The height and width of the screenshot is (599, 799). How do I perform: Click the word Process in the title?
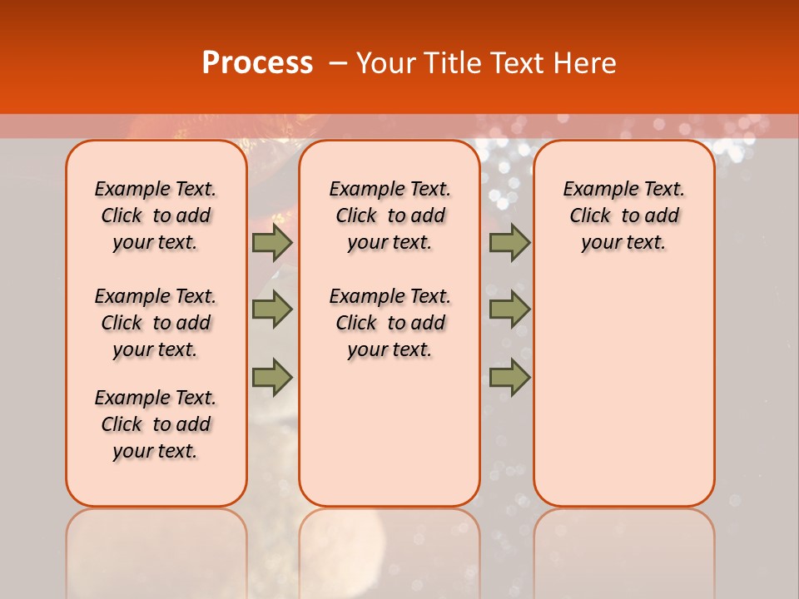tap(257, 63)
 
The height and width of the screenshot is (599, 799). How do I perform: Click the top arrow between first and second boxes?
tap(272, 242)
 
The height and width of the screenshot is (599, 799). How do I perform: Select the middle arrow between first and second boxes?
tap(272, 309)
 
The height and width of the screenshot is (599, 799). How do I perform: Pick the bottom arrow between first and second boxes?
tap(272, 378)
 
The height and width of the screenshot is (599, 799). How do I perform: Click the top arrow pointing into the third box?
tap(509, 242)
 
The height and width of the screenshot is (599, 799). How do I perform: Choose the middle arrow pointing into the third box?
tap(509, 309)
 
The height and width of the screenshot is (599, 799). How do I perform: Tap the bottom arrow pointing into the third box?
tap(509, 378)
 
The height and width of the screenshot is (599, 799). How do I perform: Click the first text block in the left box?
tap(156, 215)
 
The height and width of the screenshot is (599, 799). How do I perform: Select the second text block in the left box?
tap(156, 323)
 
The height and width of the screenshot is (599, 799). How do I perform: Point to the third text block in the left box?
tap(156, 424)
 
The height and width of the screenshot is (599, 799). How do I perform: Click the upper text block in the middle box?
tap(390, 215)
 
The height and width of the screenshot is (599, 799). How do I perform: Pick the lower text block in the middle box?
tap(390, 323)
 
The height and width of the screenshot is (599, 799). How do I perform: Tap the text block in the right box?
tap(624, 215)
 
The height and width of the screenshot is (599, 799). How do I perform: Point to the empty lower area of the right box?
tap(624, 391)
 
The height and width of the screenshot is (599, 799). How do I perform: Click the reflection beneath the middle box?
tap(390, 549)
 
